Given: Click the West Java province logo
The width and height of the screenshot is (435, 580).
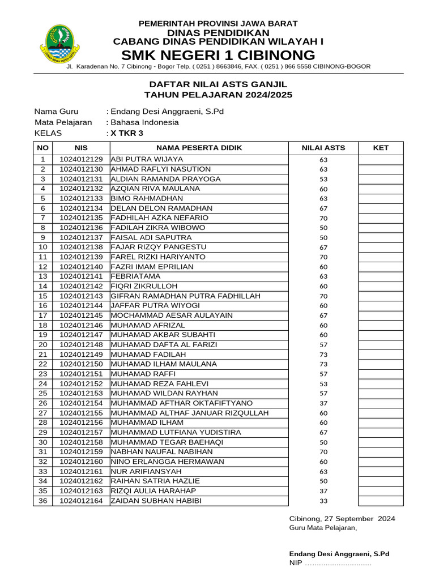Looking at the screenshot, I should [59, 43].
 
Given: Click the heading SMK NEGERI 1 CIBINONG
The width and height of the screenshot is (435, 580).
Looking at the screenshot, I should [218, 55].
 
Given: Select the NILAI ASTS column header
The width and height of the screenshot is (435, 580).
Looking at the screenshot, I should [323, 148].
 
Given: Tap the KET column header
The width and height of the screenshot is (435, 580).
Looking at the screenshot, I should [381, 148].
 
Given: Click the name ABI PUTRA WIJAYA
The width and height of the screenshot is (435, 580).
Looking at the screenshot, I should [147, 160].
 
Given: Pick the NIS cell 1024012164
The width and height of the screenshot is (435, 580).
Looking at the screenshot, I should [81, 501].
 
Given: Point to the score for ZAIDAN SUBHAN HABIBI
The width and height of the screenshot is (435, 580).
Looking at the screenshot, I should [323, 501].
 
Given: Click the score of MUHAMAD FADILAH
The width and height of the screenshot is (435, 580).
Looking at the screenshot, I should [323, 355].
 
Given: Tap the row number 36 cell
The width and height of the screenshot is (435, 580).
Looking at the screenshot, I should [42, 501].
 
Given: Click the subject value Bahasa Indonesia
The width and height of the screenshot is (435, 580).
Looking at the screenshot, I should [144, 122].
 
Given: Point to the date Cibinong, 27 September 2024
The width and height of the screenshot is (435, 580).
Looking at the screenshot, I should [342, 519].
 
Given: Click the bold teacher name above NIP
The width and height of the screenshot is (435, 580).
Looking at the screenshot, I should [339, 554].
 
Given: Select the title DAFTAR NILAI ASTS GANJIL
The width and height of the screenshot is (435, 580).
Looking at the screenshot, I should [218, 84].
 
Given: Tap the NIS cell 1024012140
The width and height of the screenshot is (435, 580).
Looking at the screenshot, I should [81, 267].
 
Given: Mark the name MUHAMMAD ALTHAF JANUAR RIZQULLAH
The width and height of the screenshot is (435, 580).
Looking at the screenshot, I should [189, 413].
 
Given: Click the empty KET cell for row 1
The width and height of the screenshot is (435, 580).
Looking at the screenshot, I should [381, 160].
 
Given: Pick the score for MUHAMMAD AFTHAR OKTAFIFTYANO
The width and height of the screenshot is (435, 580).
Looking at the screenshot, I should [323, 403].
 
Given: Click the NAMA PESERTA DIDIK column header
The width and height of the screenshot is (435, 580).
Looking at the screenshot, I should [199, 148].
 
